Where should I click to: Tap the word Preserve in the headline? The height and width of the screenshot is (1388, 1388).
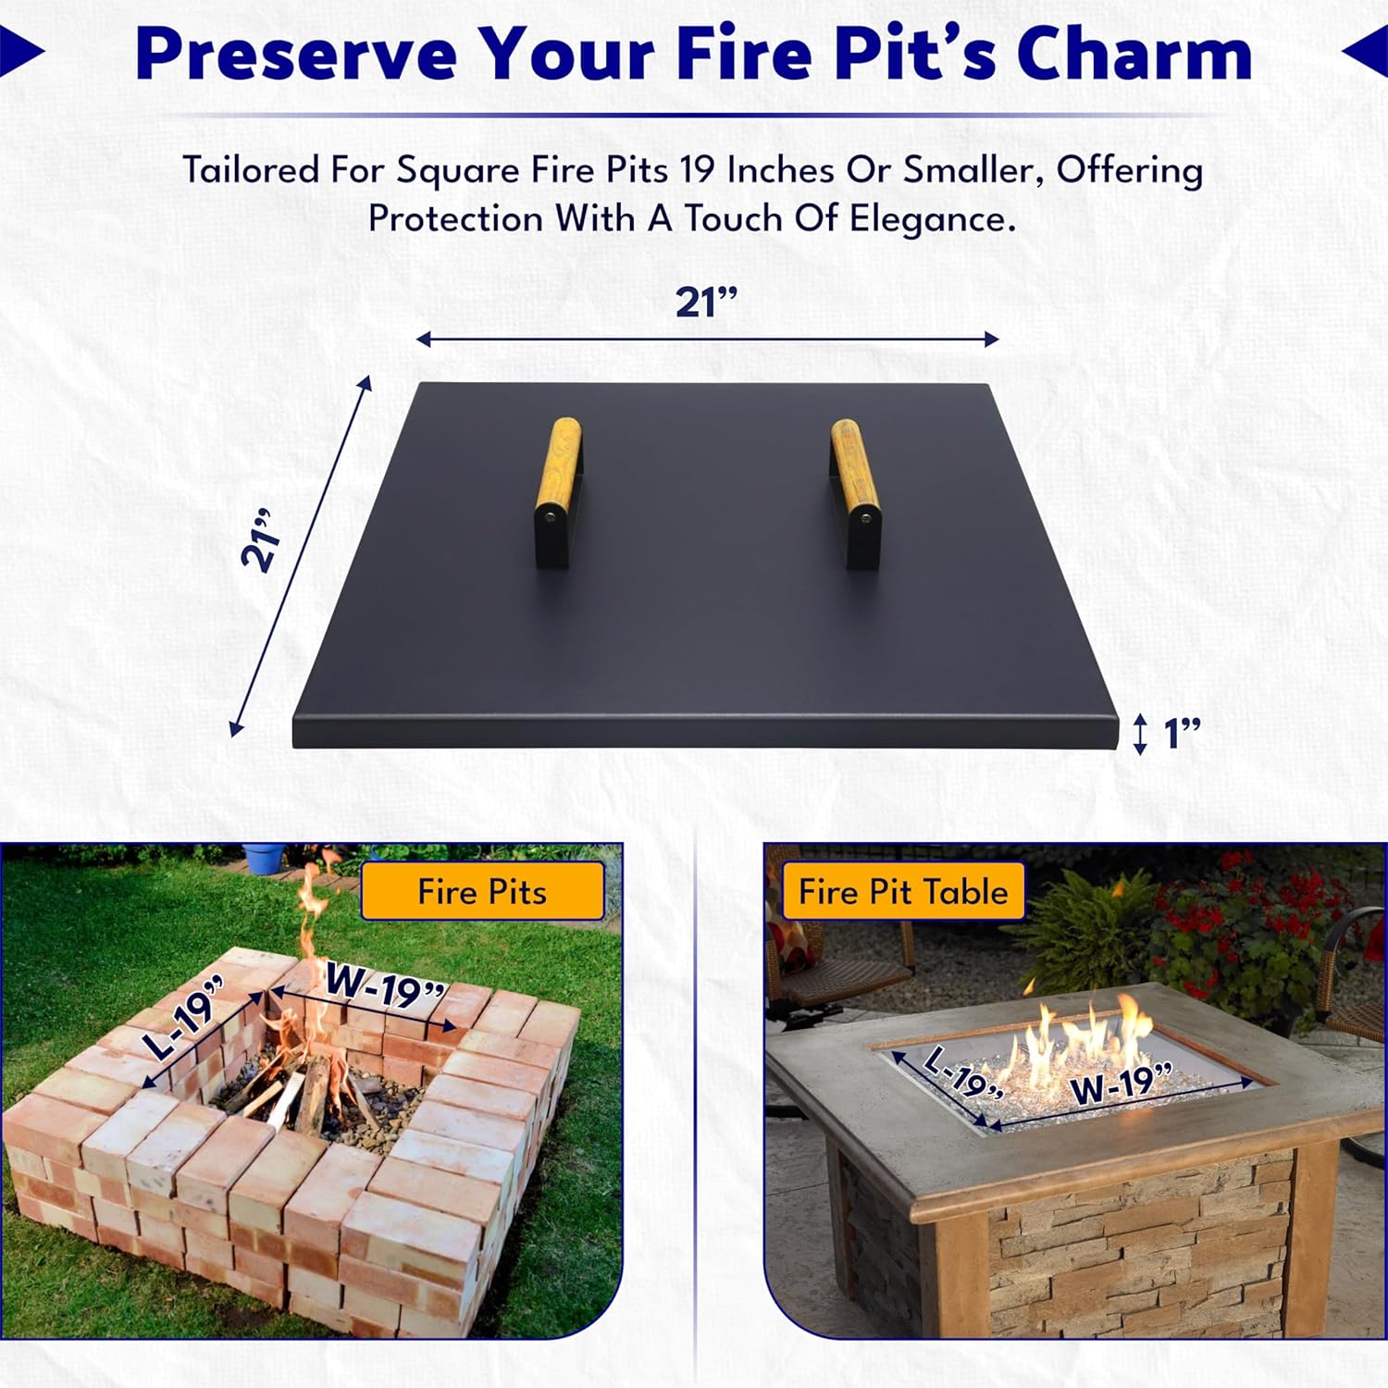pyautogui.click(x=296, y=53)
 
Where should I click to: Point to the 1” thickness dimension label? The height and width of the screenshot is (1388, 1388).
pyautogui.click(x=1182, y=733)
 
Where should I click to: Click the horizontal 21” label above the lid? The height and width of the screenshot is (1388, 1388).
pyautogui.click(x=706, y=303)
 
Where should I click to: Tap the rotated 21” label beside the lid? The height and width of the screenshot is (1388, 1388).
pyautogui.click(x=258, y=539)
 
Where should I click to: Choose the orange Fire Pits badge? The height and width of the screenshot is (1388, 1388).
pyautogui.click(x=482, y=891)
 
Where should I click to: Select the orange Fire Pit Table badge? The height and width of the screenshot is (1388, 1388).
pyautogui.click(x=903, y=891)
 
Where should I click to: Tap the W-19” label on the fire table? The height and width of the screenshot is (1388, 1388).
pyautogui.click(x=1122, y=1083)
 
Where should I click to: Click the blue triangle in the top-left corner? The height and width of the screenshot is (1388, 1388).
pyautogui.click(x=20, y=52)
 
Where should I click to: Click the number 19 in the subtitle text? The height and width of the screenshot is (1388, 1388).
pyautogui.click(x=697, y=170)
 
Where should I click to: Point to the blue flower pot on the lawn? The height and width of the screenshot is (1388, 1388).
pyautogui.click(x=264, y=858)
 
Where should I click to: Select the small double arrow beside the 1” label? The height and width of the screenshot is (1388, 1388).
pyautogui.click(x=1140, y=734)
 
